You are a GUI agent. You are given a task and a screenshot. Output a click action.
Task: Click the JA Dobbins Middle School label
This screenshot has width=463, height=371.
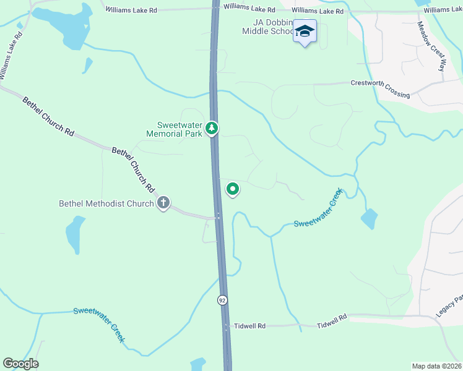(x=267, y=27)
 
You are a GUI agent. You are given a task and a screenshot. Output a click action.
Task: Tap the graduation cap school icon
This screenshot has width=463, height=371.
(x=305, y=31)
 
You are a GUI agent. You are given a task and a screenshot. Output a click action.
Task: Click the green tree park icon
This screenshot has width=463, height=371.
(x=212, y=128)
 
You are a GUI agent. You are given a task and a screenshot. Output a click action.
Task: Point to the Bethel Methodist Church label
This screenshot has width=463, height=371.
(x=106, y=203)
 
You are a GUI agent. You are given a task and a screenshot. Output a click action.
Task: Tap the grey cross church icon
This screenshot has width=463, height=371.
(x=163, y=202)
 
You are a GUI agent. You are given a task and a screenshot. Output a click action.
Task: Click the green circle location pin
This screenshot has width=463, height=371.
(x=233, y=189)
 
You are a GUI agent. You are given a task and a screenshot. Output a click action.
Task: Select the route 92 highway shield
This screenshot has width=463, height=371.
(x=222, y=300)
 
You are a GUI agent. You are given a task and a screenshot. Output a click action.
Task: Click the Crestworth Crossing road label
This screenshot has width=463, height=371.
(x=380, y=88)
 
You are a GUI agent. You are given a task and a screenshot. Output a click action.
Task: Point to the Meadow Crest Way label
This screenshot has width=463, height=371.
(x=431, y=46)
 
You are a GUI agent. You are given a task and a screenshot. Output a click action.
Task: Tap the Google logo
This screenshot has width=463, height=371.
(x=20, y=364)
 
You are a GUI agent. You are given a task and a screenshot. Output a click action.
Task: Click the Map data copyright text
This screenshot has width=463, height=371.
(x=436, y=366)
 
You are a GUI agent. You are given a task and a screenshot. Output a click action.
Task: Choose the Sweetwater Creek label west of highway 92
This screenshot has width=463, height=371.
(x=100, y=324)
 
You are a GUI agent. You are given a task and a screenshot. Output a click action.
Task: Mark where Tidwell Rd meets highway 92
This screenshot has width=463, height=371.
(x=227, y=325)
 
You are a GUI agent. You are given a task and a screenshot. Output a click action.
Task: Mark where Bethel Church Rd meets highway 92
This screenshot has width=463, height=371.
(x=218, y=217)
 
